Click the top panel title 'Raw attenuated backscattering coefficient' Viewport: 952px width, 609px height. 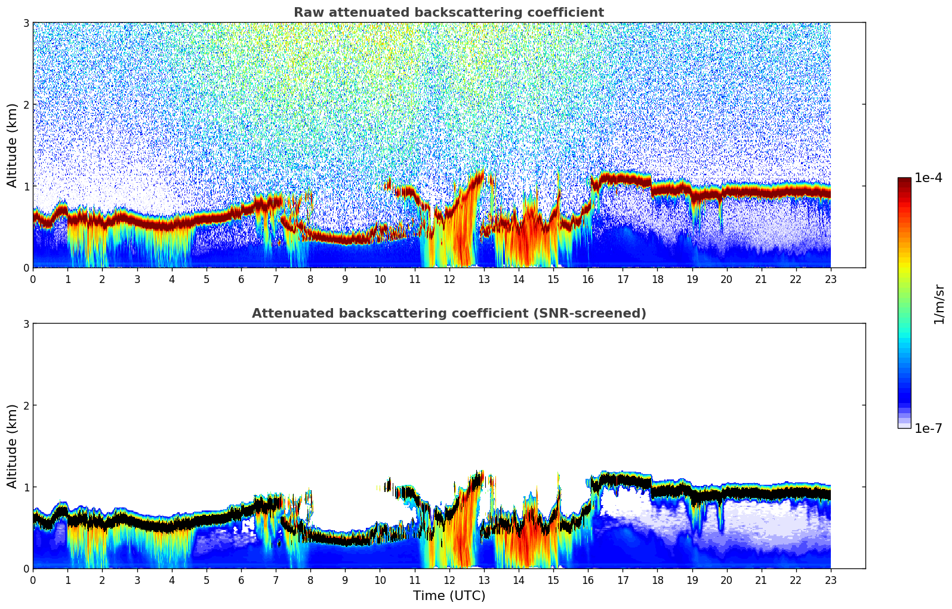pyautogui.click(x=448, y=13)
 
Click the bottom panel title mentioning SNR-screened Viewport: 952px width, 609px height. pyautogui.click(x=448, y=313)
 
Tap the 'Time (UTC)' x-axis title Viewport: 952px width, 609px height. pyautogui.click(x=449, y=596)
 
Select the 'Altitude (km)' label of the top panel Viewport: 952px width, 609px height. pyautogui.click(x=12, y=145)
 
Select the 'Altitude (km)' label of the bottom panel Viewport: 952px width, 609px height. pyautogui.click(x=12, y=446)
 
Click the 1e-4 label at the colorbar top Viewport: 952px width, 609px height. pyautogui.click(x=928, y=178)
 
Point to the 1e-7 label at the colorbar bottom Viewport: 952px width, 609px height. pyautogui.click(x=928, y=429)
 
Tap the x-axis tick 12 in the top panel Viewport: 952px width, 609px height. pyautogui.click(x=449, y=279)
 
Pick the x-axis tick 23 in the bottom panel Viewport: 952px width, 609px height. pyautogui.click(x=830, y=580)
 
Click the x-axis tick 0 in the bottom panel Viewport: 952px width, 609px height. pyautogui.click(x=33, y=580)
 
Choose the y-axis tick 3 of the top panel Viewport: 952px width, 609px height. pyautogui.click(x=26, y=23)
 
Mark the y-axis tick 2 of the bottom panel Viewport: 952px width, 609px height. pyautogui.click(x=26, y=405)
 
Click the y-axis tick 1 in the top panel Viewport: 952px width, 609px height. pyautogui.click(x=26, y=186)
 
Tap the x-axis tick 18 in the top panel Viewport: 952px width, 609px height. pyautogui.click(x=657, y=279)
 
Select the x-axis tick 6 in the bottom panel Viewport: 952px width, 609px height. pyautogui.click(x=241, y=580)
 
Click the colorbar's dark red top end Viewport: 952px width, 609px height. pyautogui.click(x=904, y=180)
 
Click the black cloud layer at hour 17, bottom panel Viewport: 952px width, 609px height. pyautogui.click(x=623, y=479)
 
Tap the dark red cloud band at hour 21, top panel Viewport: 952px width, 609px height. pyautogui.click(x=761, y=192)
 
